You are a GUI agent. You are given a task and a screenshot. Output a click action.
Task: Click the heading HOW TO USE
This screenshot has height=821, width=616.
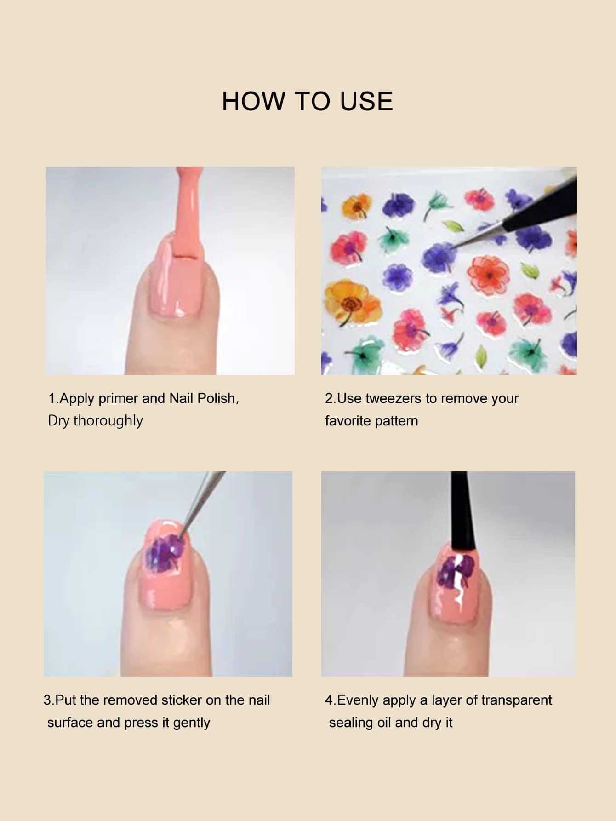(x=308, y=101)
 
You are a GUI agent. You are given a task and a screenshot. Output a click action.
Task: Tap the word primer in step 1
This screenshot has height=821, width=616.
(x=120, y=398)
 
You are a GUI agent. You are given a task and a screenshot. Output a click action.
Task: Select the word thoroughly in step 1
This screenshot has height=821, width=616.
(x=108, y=420)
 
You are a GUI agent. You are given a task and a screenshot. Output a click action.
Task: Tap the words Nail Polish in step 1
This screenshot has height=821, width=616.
(x=203, y=398)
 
